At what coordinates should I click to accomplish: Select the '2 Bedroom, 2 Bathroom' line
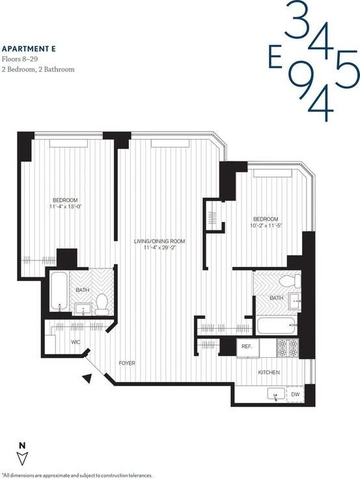pyautogui.click(x=38, y=69)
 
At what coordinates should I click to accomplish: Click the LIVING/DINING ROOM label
pyautogui.click(x=159, y=241)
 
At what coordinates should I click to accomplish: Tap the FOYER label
pyautogui.click(x=127, y=363)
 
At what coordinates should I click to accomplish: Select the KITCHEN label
pyautogui.click(x=269, y=372)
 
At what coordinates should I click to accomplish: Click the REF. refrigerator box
pyautogui.click(x=247, y=346)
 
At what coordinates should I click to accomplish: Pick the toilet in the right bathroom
pyautogui.click(x=290, y=281)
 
